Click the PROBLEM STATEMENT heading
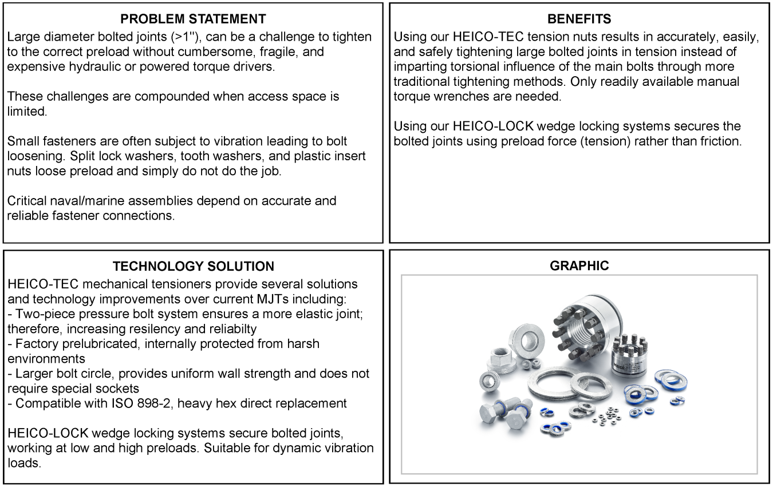[x=194, y=19]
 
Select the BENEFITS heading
[x=579, y=19]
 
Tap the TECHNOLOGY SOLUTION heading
[x=194, y=266]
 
